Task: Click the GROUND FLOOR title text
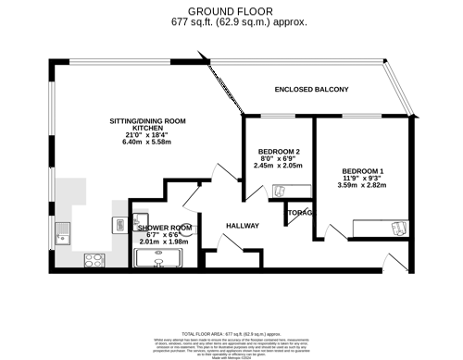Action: pos(233,8)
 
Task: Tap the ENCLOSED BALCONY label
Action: pos(311,90)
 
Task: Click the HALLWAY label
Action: pos(243,226)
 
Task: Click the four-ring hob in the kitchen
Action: pos(94,260)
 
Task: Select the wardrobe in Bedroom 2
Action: pos(288,192)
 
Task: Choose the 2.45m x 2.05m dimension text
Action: pos(278,167)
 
